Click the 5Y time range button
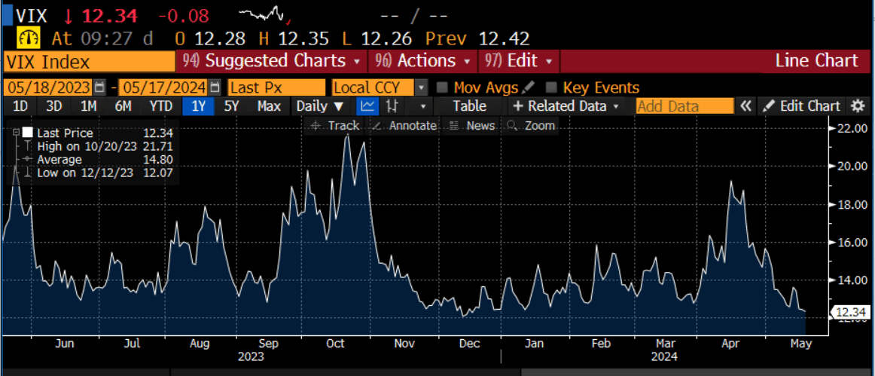click(x=230, y=106)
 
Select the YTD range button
click(x=160, y=106)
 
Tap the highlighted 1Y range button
click(x=198, y=106)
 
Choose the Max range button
click(x=269, y=106)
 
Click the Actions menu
click(x=424, y=61)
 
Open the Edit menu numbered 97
click(x=520, y=61)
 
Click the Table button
click(x=469, y=106)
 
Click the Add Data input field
click(x=684, y=106)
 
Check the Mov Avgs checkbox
click(x=442, y=87)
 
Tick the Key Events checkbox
click(x=552, y=87)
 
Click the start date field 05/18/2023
click(x=48, y=87)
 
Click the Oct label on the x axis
click(x=335, y=344)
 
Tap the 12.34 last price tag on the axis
click(x=851, y=312)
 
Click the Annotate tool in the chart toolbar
click(x=405, y=126)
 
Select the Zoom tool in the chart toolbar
click(x=532, y=126)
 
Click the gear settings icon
click(x=858, y=106)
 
